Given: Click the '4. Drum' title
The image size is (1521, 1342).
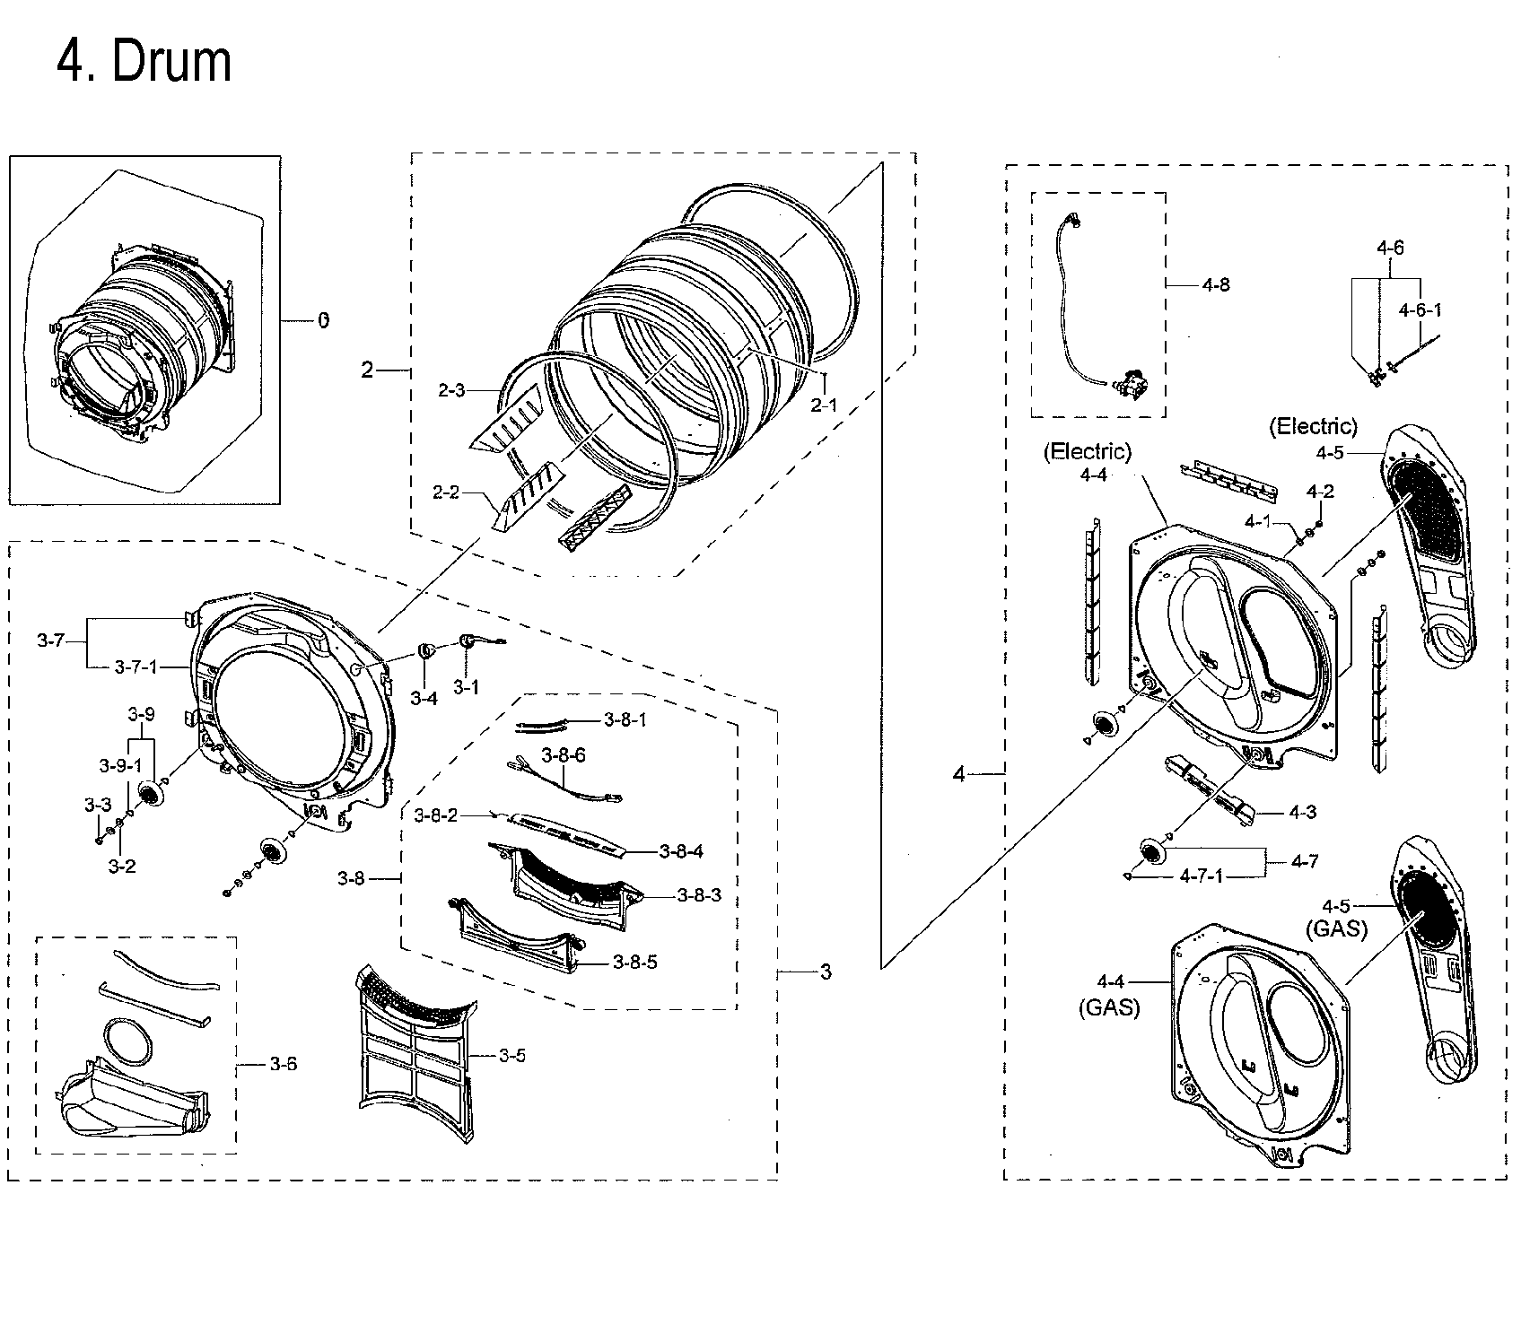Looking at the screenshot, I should pos(144,61).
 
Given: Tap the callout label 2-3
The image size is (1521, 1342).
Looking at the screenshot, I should pos(451,390).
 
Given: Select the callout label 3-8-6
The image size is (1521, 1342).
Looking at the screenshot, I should pos(564,755).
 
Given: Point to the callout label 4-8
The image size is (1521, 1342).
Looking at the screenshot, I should pos(1215,284).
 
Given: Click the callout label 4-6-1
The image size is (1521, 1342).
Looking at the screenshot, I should pos(1420,309).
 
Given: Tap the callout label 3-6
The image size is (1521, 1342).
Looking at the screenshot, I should pos(283,1064).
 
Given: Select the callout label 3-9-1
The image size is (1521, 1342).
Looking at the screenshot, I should pos(119,765).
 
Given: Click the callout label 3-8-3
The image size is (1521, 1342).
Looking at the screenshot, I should pos(699,895).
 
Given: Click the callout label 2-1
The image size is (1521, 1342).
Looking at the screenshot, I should pos(823,405).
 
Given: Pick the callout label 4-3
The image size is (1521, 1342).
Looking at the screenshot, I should pos(1302,812).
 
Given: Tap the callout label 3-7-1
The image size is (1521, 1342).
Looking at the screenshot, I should pos(135,667).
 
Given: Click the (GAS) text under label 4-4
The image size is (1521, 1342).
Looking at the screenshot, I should pos(1108,1007).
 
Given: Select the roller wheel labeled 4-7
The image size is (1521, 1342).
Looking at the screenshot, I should pos(1150,850).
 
